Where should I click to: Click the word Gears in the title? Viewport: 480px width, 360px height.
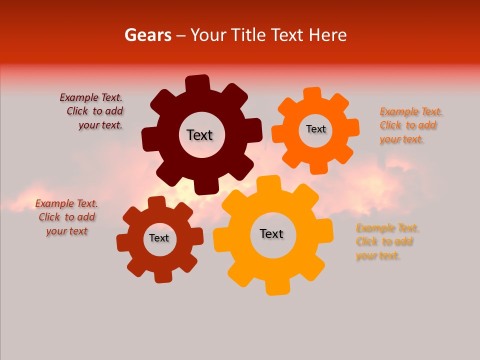(x=147, y=35)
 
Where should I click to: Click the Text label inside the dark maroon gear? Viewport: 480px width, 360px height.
(x=199, y=135)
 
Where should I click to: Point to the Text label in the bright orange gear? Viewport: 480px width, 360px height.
(x=315, y=129)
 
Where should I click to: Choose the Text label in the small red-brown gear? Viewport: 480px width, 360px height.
(x=159, y=238)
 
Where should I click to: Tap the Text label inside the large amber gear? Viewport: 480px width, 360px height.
(x=271, y=233)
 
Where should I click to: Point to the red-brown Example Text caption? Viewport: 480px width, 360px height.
(x=66, y=217)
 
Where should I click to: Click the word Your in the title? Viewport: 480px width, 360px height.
(x=205, y=35)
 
